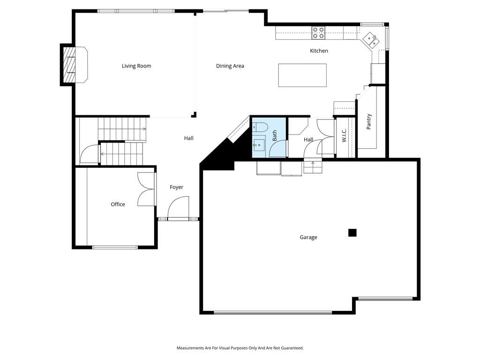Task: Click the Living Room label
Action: coord(136,66)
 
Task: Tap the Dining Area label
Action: coord(230,66)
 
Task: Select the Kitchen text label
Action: coord(319,51)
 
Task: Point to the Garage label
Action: coord(308,237)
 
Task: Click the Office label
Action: coord(118,204)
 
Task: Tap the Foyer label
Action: coord(176,187)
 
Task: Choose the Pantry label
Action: coord(368,121)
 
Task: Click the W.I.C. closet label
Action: coord(344,135)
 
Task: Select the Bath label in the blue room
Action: coord(274,135)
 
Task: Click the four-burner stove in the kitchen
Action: coord(318,33)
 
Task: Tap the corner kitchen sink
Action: coord(371,39)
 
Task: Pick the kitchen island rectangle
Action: coord(302,75)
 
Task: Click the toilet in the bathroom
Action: coord(260,127)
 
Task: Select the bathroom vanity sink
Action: coord(259,143)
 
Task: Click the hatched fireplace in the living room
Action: coord(69,65)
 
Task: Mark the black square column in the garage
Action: coord(352,233)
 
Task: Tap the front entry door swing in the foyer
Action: coord(178,207)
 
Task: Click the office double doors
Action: coord(146,189)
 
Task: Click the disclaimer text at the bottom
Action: coord(240,348)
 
